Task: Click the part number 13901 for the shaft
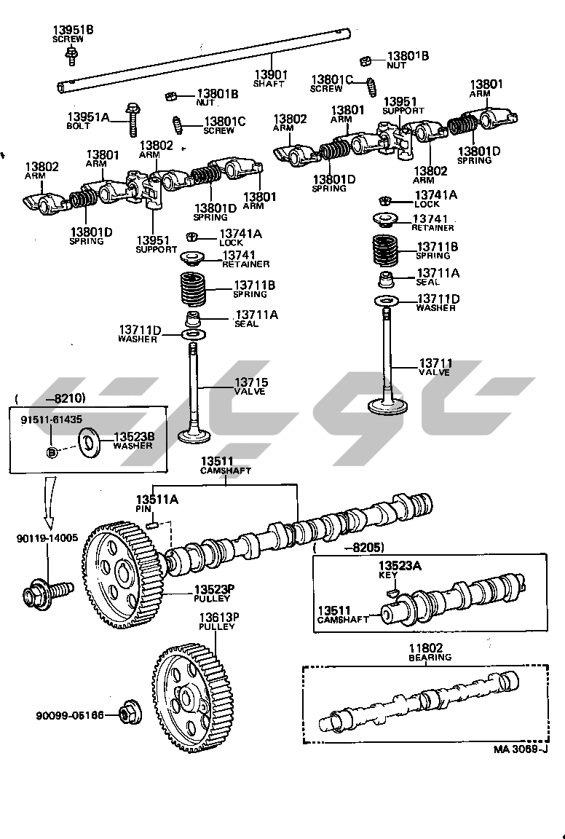(270, 74)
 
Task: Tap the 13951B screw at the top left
(71, 53)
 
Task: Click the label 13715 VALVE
(249, 386)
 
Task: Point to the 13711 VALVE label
(435, 367)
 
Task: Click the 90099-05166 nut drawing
(132, 715)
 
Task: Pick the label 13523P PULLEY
(213, 593)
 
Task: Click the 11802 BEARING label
(430, 652)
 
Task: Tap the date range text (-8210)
(50, 398)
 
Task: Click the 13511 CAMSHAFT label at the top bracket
(226, 465)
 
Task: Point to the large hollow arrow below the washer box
(50, 503)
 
